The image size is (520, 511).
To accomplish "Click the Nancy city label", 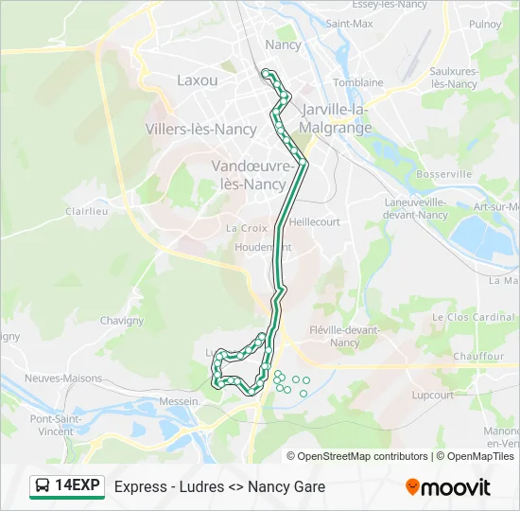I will click(283, 44).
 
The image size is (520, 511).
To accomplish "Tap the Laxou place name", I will click(197, 80).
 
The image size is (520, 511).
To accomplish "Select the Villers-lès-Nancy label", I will click(200, 129).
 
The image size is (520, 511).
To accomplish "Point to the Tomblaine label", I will click(357, 82).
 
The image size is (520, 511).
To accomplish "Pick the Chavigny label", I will click(121, 321).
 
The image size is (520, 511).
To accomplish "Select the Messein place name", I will click(180, 401).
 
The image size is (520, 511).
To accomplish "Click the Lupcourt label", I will click(433, 395).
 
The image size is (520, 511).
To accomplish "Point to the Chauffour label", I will click(478, 357).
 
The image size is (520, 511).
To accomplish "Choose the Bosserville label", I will click(444, 174).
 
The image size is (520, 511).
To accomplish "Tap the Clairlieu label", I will click(86, 212).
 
